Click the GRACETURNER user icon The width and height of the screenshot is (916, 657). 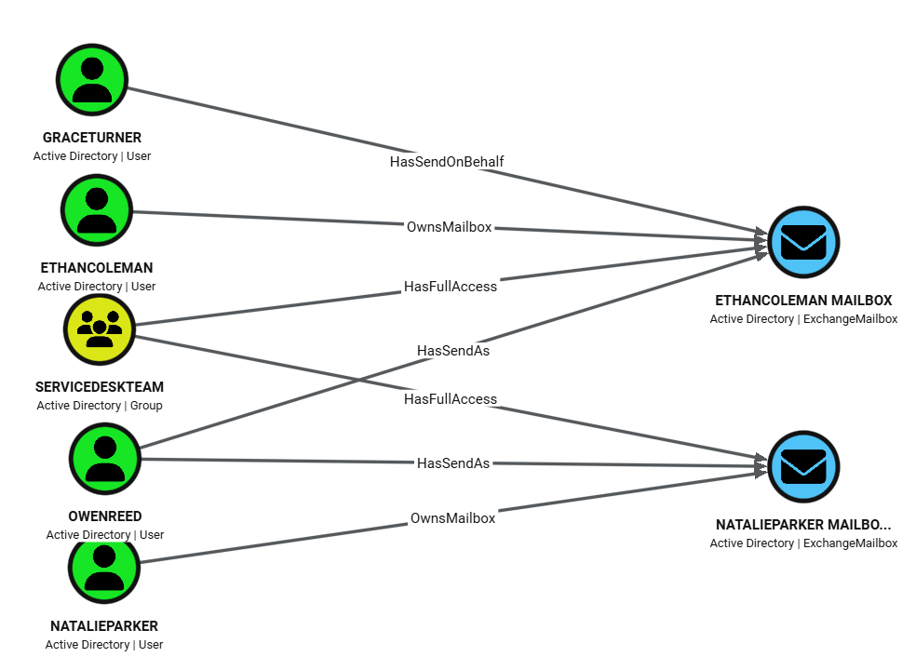(91, 80)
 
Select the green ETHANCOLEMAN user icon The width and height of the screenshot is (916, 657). (97, 210)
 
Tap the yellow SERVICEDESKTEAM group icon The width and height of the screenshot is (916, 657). (100, 328)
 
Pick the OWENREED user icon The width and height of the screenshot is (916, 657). (105, 458)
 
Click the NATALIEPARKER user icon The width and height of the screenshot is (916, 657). (104, 568)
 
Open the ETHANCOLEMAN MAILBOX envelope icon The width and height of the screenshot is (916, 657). (803, 242)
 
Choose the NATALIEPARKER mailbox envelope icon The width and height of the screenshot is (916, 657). (803, 465)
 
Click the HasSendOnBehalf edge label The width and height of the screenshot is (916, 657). (447, 162)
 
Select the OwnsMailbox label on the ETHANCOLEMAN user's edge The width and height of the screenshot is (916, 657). (449, 227)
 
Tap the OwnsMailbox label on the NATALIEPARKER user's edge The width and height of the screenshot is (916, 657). (452, 518)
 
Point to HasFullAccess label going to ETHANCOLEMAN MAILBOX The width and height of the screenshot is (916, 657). (451, 287)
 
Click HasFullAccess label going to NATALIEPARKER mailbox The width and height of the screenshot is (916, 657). (451, 399)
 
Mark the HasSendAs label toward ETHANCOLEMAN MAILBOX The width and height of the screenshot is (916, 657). (453, 351)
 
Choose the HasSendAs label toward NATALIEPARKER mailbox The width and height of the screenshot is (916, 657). (453, 463)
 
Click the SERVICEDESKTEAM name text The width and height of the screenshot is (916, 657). (100, 387)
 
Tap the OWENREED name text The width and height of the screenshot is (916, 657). (105, 516)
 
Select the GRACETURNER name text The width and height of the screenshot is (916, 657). (91, 138)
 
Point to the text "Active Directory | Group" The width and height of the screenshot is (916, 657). (100, 406)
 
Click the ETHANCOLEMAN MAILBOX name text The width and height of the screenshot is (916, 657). (803, 301)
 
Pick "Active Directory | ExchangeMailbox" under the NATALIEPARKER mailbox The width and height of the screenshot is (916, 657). (803, 543)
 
